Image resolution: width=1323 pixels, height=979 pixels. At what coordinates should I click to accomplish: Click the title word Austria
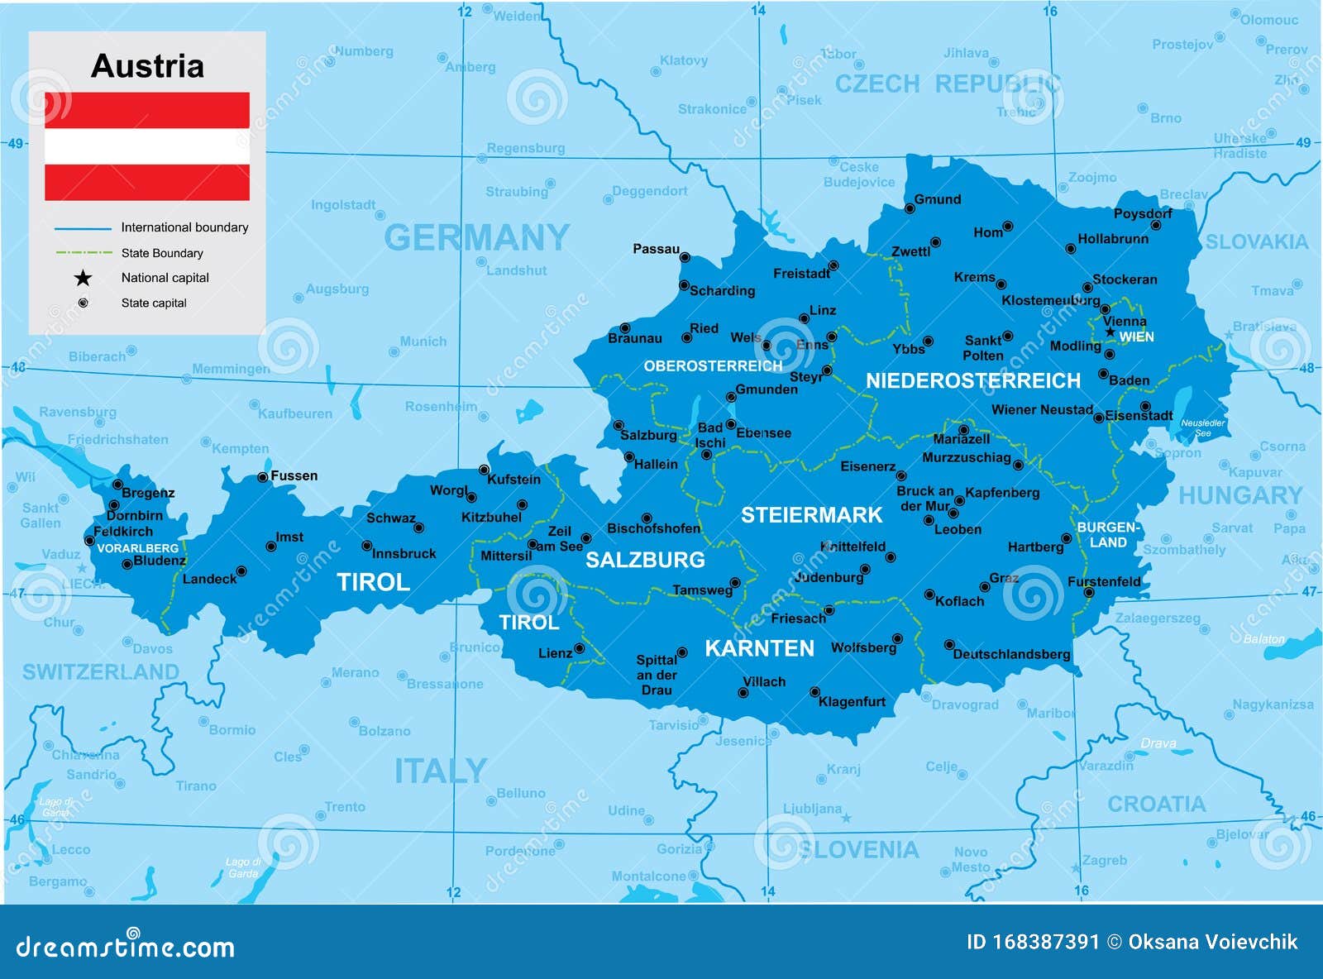pos(147,66)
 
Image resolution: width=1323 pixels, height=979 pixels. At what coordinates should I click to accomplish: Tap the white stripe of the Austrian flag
pos(147,146)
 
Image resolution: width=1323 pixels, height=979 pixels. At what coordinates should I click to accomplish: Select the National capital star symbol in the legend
pos(83,278)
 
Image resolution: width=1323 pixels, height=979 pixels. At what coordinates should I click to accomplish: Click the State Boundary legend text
pos(161,253)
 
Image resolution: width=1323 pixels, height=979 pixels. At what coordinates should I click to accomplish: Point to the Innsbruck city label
pos(404,553)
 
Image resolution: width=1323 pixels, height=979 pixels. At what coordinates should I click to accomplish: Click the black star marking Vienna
pos(1110,332)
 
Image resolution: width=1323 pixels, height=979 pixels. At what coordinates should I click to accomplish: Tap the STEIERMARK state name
pos(811,515)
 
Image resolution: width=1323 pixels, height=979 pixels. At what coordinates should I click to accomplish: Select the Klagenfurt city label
pos(852,701)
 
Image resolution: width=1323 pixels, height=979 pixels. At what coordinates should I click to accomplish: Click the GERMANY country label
pos(477,238)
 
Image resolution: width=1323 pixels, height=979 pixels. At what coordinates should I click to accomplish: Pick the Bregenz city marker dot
pos(117,485)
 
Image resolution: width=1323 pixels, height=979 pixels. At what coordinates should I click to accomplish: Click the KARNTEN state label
pos(759,648)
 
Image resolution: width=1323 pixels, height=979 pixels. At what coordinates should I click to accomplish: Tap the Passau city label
pos(656,249)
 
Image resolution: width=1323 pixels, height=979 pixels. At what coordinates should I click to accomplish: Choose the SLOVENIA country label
pos(858,849)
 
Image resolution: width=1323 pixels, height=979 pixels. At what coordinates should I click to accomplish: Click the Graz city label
pos(1004,578)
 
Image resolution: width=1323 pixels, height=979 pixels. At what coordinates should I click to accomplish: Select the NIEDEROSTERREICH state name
pos(972,380)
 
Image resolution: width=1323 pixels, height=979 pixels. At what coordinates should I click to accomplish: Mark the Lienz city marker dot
pos(580,649)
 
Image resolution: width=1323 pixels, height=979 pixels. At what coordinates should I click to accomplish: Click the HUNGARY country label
pos(1239,495)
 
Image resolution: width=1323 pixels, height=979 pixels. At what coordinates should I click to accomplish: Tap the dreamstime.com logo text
pos(126,947)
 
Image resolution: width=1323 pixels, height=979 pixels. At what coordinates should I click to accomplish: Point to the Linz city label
pos(822,310)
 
